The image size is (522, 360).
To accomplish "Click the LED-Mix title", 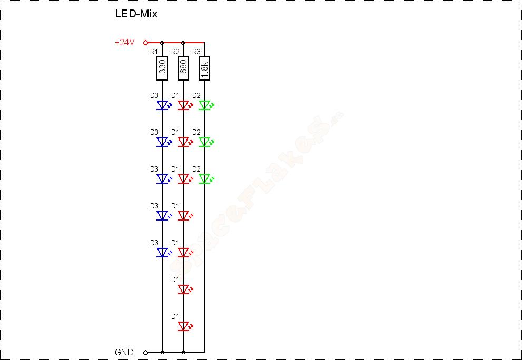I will coord(136,14).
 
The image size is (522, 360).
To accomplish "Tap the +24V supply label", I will coord(125,43).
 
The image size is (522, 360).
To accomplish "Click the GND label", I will coord(124,352).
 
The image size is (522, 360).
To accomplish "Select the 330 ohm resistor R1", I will coord(162,68).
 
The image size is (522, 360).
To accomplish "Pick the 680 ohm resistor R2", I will coord(183,68).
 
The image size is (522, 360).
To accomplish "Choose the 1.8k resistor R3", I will coord(204,68).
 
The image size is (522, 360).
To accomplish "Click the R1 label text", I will coord(154,52).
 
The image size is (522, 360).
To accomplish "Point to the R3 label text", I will coord(196,52).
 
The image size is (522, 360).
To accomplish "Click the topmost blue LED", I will coord(162,105).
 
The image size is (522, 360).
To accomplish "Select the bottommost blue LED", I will coord(162,253).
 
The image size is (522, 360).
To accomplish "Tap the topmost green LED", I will coord(204,105).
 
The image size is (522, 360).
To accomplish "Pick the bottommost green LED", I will coord(204,179).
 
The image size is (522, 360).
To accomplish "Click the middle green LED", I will coord(204,142).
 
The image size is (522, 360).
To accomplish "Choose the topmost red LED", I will coord(183,105).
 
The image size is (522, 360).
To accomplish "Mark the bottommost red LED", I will coord(183,326).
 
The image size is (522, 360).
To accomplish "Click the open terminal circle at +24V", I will coord(145,43).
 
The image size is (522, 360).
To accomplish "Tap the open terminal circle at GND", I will coord(145,352).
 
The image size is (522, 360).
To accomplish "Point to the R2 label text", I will coord(175,52).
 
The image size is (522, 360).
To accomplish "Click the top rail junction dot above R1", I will coord(162,43).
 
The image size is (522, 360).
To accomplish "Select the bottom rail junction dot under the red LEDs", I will coord(183,352).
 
